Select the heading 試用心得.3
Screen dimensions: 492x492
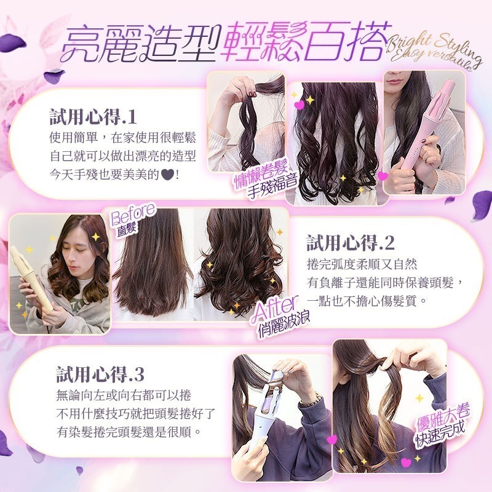tap(100, 373)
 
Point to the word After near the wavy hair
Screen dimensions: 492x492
tap(275, 306)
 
